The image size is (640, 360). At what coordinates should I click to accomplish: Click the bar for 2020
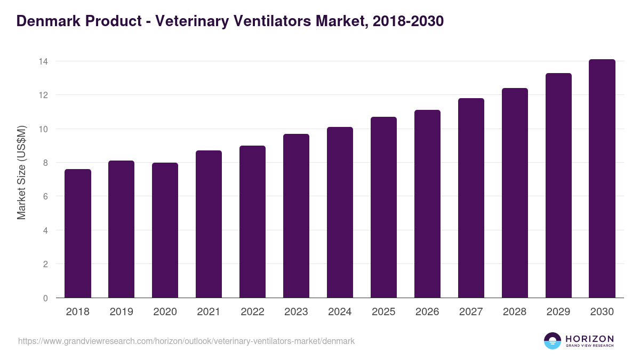[x=165, y=230]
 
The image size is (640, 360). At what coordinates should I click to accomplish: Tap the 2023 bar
[x=296, y=216]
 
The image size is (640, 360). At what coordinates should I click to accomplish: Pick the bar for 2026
[x=427, y=204]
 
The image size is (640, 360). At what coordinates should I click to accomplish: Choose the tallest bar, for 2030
[x=602, y=179]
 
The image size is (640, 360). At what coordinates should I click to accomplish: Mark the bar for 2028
[x=515, y=193]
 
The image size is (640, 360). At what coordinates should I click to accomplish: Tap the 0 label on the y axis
[x=45, y=298]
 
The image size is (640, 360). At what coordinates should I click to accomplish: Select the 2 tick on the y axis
[x=45, y=264]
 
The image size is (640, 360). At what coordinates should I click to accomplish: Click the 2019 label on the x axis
[x=122, y=312]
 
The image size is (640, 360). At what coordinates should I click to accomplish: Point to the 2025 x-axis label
[x=383, y=312]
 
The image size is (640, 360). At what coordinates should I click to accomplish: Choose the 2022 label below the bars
[x=252, y=312]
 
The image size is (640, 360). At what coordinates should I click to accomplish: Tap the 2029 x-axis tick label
[x=558, y=312]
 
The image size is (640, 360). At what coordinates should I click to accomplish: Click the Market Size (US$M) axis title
[x=21, y=172]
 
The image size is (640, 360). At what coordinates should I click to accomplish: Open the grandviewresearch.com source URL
[x=186, y=341]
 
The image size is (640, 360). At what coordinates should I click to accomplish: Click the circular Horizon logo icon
[x=553, y=341]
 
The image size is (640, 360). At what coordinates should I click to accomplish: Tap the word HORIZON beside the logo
[x=589, y=338]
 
